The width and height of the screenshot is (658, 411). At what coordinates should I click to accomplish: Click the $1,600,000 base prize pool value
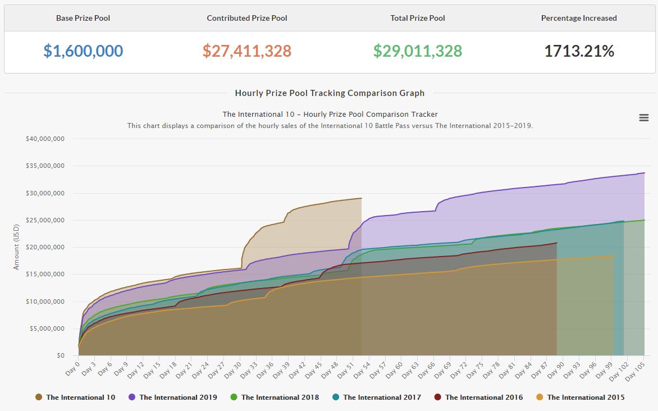pos(83,51)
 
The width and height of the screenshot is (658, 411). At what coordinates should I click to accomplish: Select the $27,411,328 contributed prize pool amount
pos(247,51)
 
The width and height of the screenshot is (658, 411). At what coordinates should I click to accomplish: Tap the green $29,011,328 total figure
pos(418,51)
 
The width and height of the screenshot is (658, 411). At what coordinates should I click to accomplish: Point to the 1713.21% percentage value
pos(579,51)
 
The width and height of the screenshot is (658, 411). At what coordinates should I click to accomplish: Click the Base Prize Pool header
pos(83,18)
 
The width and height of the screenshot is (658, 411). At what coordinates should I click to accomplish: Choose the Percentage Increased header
pos(579,18)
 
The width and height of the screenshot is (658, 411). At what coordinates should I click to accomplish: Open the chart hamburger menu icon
pos(644,117)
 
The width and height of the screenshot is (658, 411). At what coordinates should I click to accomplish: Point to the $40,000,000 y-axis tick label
pos(45,139)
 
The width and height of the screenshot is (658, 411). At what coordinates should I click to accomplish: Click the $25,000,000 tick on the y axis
pos(45,220)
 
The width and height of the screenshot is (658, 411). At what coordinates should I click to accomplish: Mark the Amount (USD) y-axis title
pos(16,248)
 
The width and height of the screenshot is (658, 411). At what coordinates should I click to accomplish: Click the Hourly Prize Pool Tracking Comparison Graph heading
pos(330,93)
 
